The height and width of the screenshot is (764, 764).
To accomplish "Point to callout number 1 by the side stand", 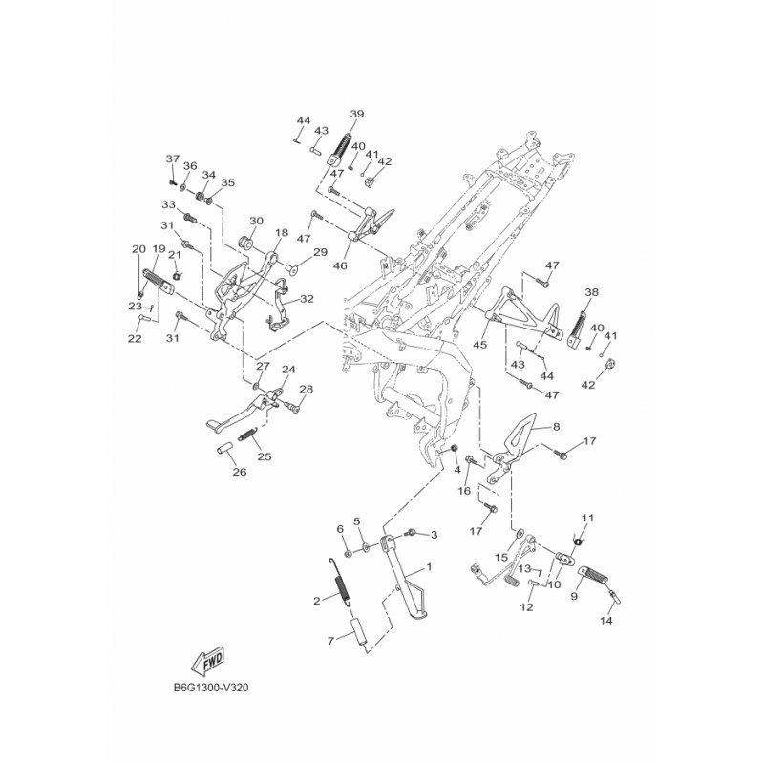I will pos(429,567).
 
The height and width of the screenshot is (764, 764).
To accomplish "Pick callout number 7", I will pos(330,642).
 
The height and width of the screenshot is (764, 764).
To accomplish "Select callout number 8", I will pos(557,429).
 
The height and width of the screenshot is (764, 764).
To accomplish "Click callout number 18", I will pos(281,232).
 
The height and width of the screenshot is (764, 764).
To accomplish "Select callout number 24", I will pos(288,370).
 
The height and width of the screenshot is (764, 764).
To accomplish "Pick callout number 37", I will pos(173,159).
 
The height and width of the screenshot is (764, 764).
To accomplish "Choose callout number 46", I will pos(340,265).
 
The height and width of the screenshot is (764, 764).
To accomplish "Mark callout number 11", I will pos(588,518).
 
